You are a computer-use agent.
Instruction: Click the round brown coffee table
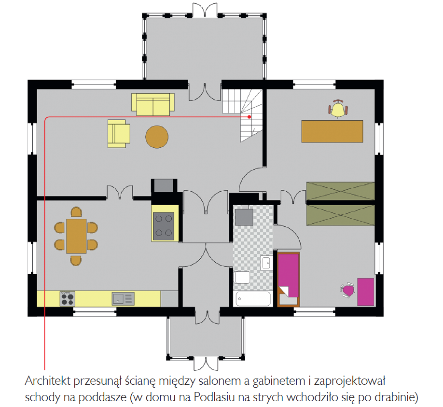coord(157,137)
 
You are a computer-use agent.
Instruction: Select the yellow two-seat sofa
coord(153,104)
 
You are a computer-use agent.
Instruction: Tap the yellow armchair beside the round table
coord(119,134)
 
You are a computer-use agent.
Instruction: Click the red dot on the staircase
coord(249,117)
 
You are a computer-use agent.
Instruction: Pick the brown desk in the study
coord(332,131)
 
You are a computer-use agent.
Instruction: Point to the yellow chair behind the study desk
coord(338,109)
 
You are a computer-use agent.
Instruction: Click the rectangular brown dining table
coord(76,236)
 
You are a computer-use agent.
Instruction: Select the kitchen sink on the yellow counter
coord(123,299)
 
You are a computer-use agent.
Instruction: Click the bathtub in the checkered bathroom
coord(253,299)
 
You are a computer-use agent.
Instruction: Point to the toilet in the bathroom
coord(242,277)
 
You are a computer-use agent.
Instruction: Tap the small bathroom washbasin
coord(267,263)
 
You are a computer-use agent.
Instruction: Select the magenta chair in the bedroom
coord(347,290)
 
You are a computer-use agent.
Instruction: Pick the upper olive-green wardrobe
coord(340,191)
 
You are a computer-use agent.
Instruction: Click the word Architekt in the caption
coord(47,381)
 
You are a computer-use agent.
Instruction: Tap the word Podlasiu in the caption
coord(214,397)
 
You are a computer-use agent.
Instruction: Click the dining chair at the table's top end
coord(76,212)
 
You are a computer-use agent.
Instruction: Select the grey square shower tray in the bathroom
coord(244,217)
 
